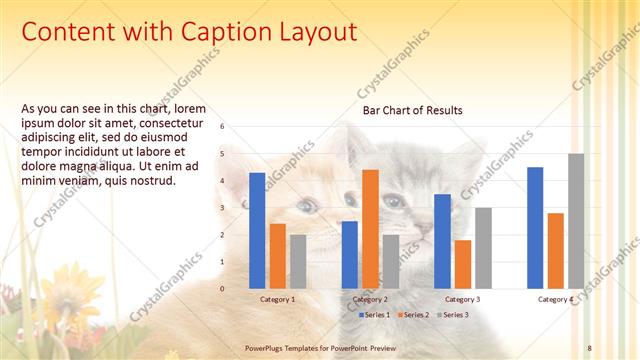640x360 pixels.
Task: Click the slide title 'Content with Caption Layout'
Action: pos(189,32)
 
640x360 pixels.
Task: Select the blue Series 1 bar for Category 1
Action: pos(257,230)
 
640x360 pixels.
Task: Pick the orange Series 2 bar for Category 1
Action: pos(277,256)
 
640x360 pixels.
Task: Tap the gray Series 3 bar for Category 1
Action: pos(297,261)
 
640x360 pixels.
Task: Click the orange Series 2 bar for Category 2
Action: pos(370,229)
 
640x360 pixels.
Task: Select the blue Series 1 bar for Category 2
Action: pos(350,255)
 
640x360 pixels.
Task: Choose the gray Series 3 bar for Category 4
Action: pos(575,221)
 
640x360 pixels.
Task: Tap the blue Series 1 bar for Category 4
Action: pos(535,228)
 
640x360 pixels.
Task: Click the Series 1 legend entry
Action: pos(375,315)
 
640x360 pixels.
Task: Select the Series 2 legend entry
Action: pos(413,315)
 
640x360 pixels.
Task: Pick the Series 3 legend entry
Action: pos(451,315)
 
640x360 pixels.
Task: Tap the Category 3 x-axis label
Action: pos(462,299)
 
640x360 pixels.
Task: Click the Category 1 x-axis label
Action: pos(277,299)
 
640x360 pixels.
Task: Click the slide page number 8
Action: pos(590,347)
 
